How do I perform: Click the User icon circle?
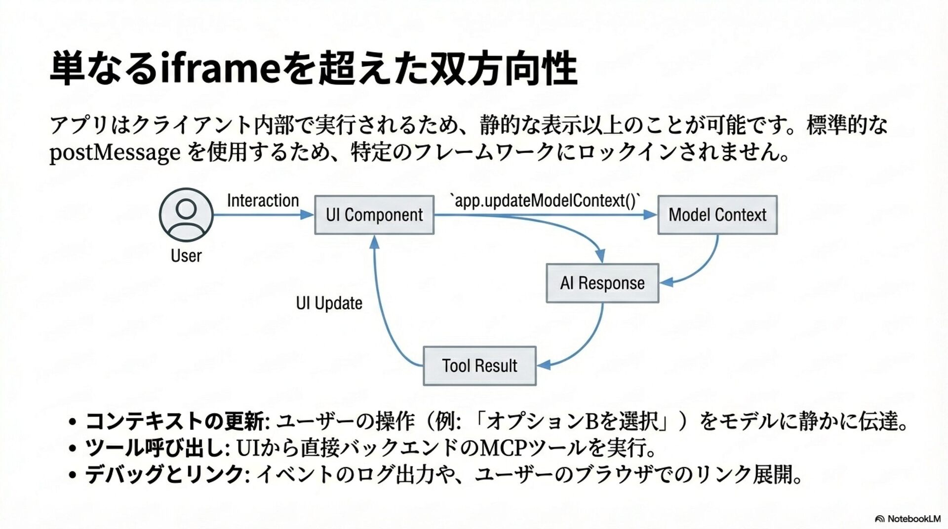[186, 215]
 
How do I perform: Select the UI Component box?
[374, 215]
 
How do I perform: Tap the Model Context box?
[717, 215]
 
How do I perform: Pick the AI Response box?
[602, 283]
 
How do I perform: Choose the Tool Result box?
[479, 366]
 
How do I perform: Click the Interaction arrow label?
[263, 200]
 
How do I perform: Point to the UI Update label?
[329, 303]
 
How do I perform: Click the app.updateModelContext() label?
[545, 200]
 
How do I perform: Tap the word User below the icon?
[186, 256]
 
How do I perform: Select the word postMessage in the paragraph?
[115, 153]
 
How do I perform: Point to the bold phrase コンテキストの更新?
[176, 421]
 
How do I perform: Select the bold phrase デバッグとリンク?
[164, 475]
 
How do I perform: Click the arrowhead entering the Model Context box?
[651, 215]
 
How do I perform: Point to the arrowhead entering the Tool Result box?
[543, 365]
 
